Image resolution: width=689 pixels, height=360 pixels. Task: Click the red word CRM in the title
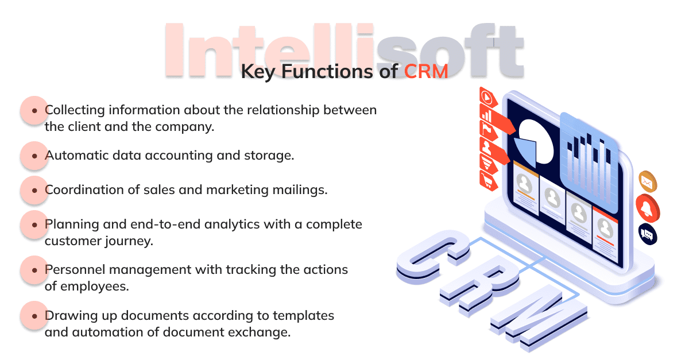425,71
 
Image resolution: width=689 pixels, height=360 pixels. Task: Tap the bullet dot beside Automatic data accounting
34,156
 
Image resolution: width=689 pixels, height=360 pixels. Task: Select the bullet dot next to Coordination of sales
34,191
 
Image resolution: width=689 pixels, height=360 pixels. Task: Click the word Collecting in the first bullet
75,110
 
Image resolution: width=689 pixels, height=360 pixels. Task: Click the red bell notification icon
648,208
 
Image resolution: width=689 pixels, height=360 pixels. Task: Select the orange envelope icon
648,182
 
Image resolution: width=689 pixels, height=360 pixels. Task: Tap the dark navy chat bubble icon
648,235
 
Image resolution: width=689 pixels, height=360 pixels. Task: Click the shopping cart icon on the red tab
488,181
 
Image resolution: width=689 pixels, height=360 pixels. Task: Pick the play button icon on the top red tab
487,98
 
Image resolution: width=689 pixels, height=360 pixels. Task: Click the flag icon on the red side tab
488,130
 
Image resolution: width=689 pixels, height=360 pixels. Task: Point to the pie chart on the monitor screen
534,143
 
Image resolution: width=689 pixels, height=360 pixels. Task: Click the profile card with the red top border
605,234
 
